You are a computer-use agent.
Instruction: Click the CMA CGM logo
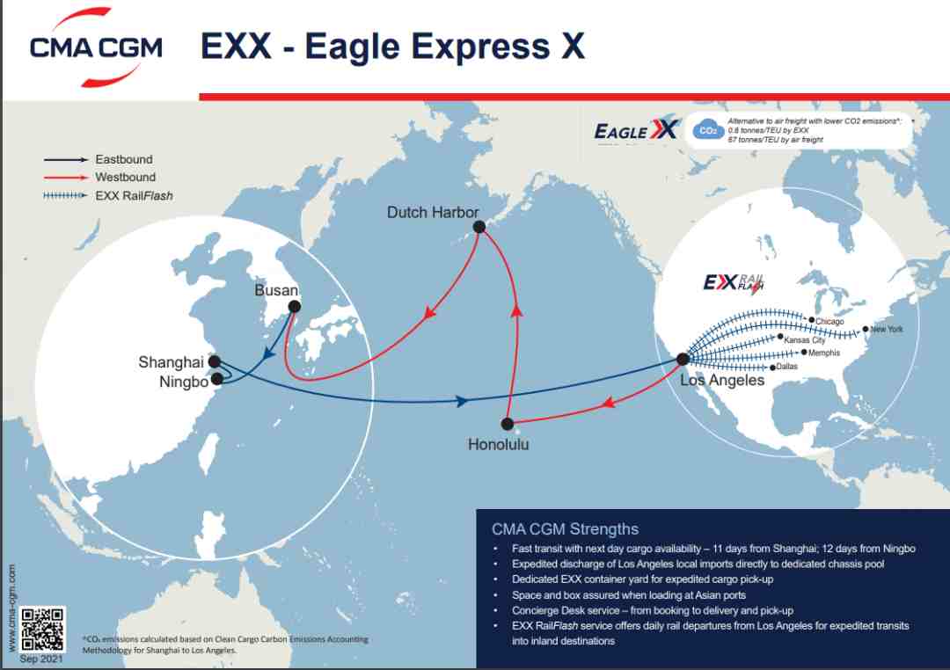coord(97,47)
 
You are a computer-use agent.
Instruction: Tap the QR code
coord(42,630)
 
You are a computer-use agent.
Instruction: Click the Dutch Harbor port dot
coord(479,227)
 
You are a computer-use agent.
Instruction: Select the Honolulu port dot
coord(508,424)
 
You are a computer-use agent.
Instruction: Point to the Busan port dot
coord(295,307)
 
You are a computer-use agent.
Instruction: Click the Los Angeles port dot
coord(683,360)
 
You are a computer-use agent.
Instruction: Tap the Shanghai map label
coord(171,362)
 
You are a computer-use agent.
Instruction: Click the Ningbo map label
coord(184,382)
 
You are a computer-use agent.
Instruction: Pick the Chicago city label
coord(829,322)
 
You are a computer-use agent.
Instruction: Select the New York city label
coord(887,330)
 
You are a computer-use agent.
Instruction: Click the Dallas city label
coord(787,367)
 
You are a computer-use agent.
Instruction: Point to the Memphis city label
coord(824,353)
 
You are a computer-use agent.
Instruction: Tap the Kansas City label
coord(805,340)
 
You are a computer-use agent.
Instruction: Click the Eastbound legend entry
coord(99,159)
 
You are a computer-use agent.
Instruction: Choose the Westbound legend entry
coord(99,178)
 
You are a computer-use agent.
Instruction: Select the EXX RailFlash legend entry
coord(108,196)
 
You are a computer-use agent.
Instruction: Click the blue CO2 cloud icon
coord(708,129)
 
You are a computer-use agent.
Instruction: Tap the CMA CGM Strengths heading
coord(565,529)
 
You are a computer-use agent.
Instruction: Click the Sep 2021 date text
coord(41,659)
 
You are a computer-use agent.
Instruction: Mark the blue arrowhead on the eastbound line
coord(462,401)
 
